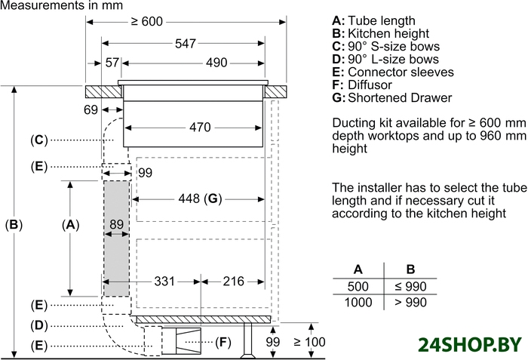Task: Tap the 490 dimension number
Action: click(x=216, y=63)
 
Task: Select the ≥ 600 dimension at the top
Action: click(x=146, y=22)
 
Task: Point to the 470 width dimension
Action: click(x=199, y=128)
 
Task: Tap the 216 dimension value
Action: click(x=233, y=282)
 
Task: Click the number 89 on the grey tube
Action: click(x=116, y=224)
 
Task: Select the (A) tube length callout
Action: click(x=69, y=224)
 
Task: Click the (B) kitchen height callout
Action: click(x=14, y=224)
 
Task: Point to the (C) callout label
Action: click(x=39, y=140)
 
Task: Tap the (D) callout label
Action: click(x=39, y=325)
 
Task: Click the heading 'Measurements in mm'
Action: click(x=51, y=5)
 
